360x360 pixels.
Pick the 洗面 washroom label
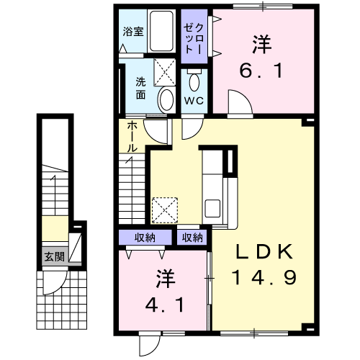click(141, 88)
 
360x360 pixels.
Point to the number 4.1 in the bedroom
click(164, 305)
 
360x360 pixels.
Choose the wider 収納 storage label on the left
click(146, 237)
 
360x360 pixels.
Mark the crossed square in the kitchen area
click(165, 210)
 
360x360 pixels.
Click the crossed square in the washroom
click(165, 72)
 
